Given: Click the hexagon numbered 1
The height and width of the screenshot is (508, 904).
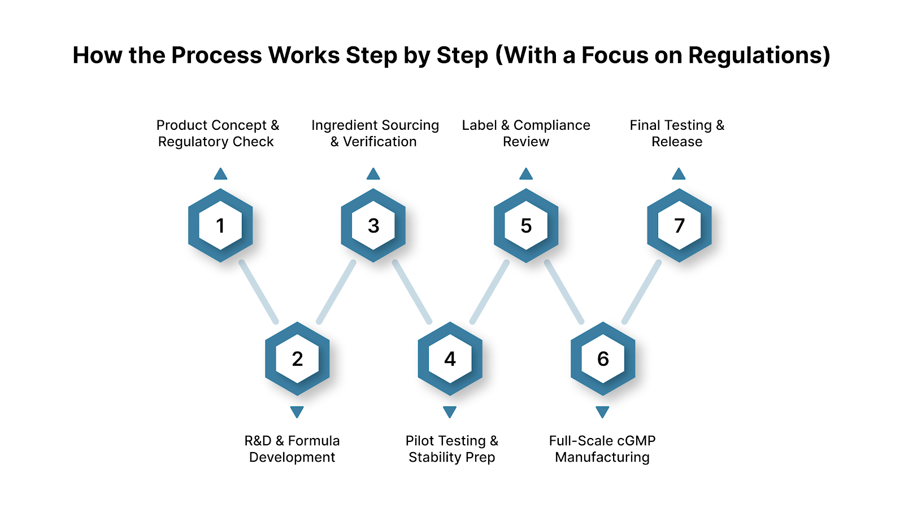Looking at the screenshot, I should click(220, 226).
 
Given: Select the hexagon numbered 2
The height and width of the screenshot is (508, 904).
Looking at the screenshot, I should click(297, 359).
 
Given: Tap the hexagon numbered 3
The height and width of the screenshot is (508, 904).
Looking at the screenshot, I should click(373, 226).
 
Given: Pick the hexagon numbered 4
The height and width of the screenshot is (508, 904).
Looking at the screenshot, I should click(450, 359).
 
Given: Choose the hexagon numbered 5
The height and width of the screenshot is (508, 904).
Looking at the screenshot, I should click(526, 226).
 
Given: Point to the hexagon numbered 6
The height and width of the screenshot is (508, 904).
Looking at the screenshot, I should click(603, 359).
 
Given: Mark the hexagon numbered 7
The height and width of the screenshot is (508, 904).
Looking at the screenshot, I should click(679, 226).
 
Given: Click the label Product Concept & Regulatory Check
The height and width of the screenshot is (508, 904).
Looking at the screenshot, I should click(217, 133).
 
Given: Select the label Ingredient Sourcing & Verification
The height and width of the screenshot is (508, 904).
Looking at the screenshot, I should click(375, 133).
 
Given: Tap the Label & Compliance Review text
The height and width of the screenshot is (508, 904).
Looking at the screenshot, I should click(526, 133).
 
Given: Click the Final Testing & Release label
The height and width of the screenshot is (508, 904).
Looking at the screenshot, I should click(677, 133).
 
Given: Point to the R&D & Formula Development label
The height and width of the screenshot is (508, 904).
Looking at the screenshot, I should click(292, 449).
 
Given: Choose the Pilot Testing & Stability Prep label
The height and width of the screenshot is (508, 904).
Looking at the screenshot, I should click(451, 449).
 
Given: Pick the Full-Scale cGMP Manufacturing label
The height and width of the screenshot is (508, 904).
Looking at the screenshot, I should click(602, 449).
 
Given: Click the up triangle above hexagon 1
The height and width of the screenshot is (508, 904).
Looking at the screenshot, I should click(220, 174).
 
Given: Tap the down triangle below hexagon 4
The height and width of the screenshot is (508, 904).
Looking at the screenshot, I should click(450, 411).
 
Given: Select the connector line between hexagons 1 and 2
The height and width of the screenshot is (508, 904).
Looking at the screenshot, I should click(259, 292).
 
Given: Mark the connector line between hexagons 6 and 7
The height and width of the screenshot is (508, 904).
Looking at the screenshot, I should click(641, 292).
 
